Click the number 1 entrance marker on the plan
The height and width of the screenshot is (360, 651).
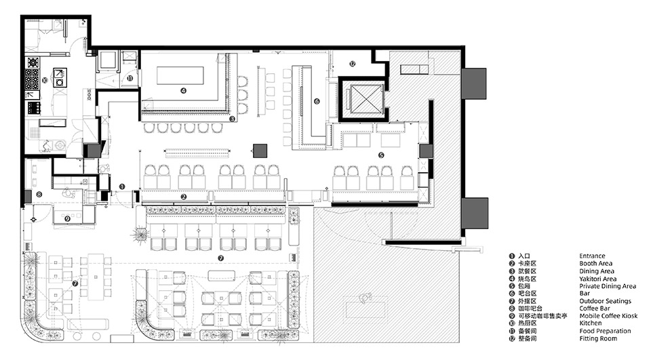pyautogui.click(x=123, y=186)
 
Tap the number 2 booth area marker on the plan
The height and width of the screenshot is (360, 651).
pyautogui.click(x=184, y=197)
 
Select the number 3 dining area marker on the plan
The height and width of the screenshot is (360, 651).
pyautogui.click(x=232, y=119)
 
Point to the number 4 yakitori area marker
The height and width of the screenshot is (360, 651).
pyautogui.click(x=183, y=89)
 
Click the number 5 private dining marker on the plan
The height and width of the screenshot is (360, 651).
pyautogui.click(x=380, y=155)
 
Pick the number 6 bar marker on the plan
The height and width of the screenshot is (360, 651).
pyautogui.click(x=316, y=101)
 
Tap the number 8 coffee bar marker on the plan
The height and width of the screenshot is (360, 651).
pyautogui.click(x=39, y=195)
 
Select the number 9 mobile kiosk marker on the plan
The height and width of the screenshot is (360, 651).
pyautogui.click(x=67, y=218)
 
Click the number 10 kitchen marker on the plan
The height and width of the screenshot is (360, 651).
pyautogui.click(x=45, y=80)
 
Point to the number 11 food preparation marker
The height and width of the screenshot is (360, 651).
pyautogui.click(x=130, y=79)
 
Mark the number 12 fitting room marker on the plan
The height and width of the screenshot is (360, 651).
pyautogui.click(x=352, y=64)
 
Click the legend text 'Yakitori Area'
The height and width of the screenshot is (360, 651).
pyautogui.click(x=597, y=279)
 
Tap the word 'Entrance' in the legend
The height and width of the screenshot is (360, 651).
pyautogui.click(x=592, y=256)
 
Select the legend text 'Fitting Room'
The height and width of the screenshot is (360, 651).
pyautogui.click(x=597, y=338)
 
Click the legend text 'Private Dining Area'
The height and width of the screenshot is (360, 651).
pyautogui.click(x=607, y=286)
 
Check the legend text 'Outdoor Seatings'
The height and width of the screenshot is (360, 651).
pyautogui.click(x=605, y=301)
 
